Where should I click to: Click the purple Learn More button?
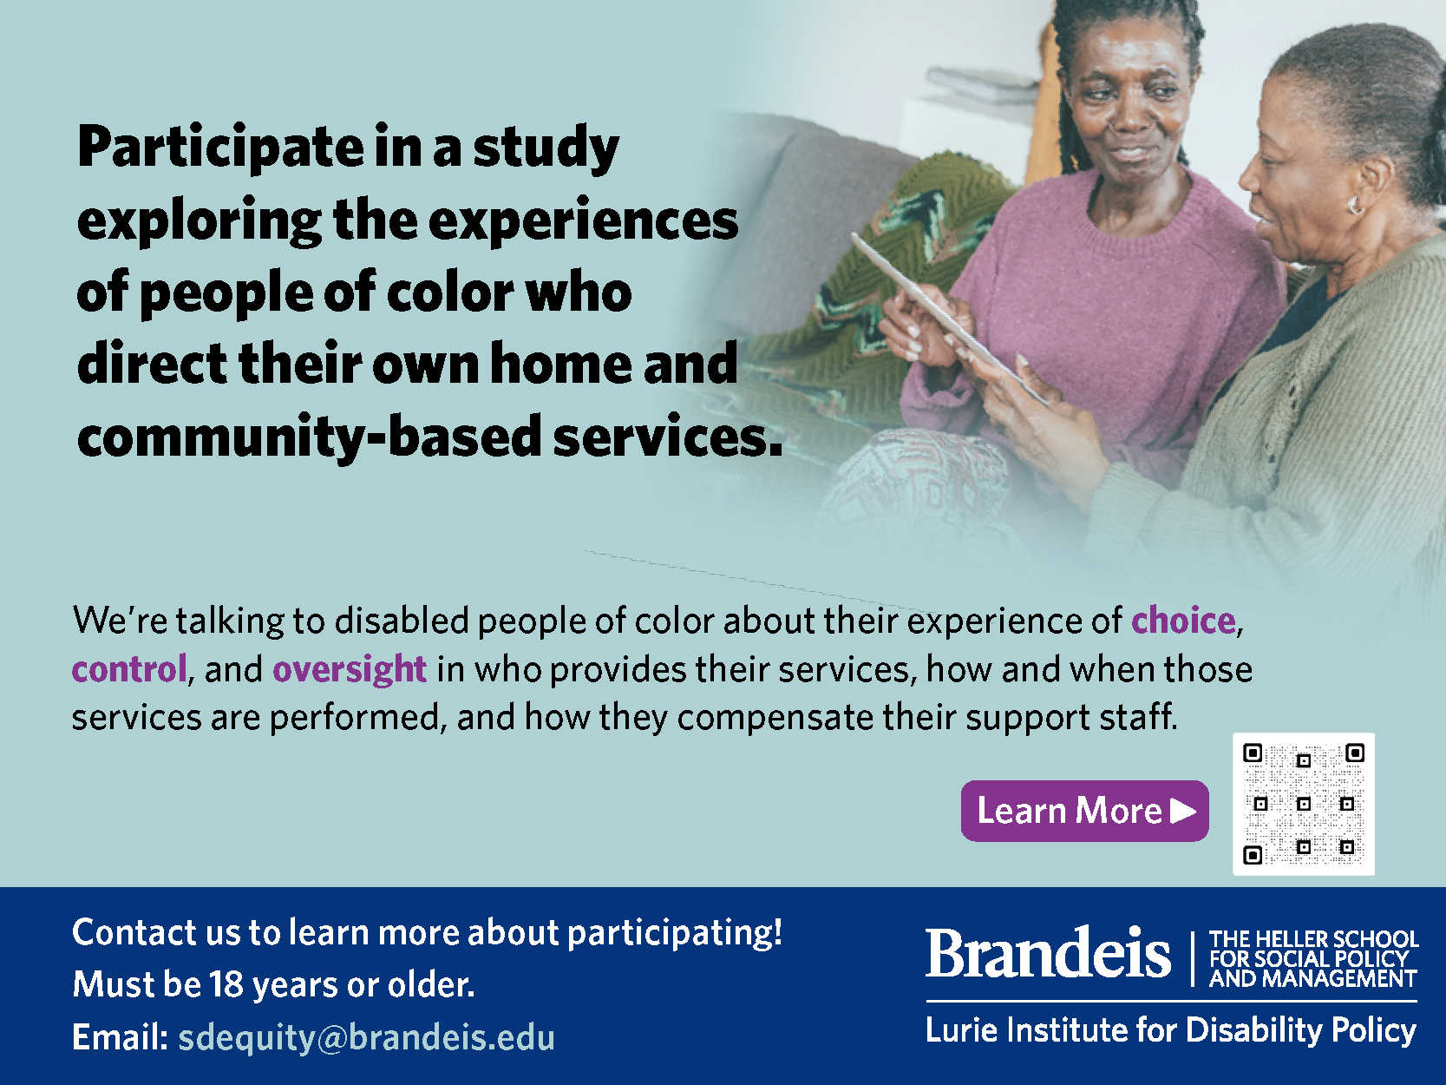[1084, 811]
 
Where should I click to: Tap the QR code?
[1303, 804]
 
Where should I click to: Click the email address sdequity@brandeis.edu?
[366, 1037]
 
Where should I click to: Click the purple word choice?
[1183, 621]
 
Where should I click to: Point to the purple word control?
[129, 669]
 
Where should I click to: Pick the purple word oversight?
[350, 670]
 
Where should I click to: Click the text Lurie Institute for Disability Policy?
[1171, 1030]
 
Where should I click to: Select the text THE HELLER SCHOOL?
[1313, 938]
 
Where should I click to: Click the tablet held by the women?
[949, 317]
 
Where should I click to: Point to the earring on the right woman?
[1353, 204]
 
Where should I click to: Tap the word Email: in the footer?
[121, 1037]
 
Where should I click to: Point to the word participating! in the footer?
[675, 933]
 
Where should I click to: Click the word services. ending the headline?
[667, 437]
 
